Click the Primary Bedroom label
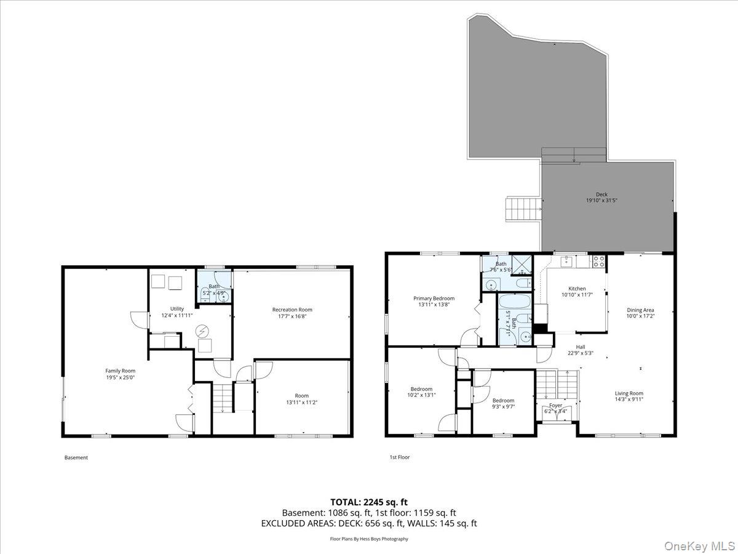coord(434,298)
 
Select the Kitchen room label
coord(577,289)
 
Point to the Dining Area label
coord(640,310)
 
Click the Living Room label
coord(629,393)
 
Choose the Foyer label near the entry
coord(556,406)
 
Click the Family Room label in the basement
coord(120,371)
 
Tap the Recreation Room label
coord(292,310)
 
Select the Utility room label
coord(177,308)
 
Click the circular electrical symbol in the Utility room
coord(202,331)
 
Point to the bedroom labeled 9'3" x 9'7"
coord(503,401)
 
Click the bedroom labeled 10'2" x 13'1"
coord(421,389)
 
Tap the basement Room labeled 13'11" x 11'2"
coord(301,396)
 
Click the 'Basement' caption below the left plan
coord(76,457)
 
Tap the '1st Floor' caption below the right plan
coord(399,457)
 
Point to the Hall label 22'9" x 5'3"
coord(581,347)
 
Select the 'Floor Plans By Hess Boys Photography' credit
coord(369,539)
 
